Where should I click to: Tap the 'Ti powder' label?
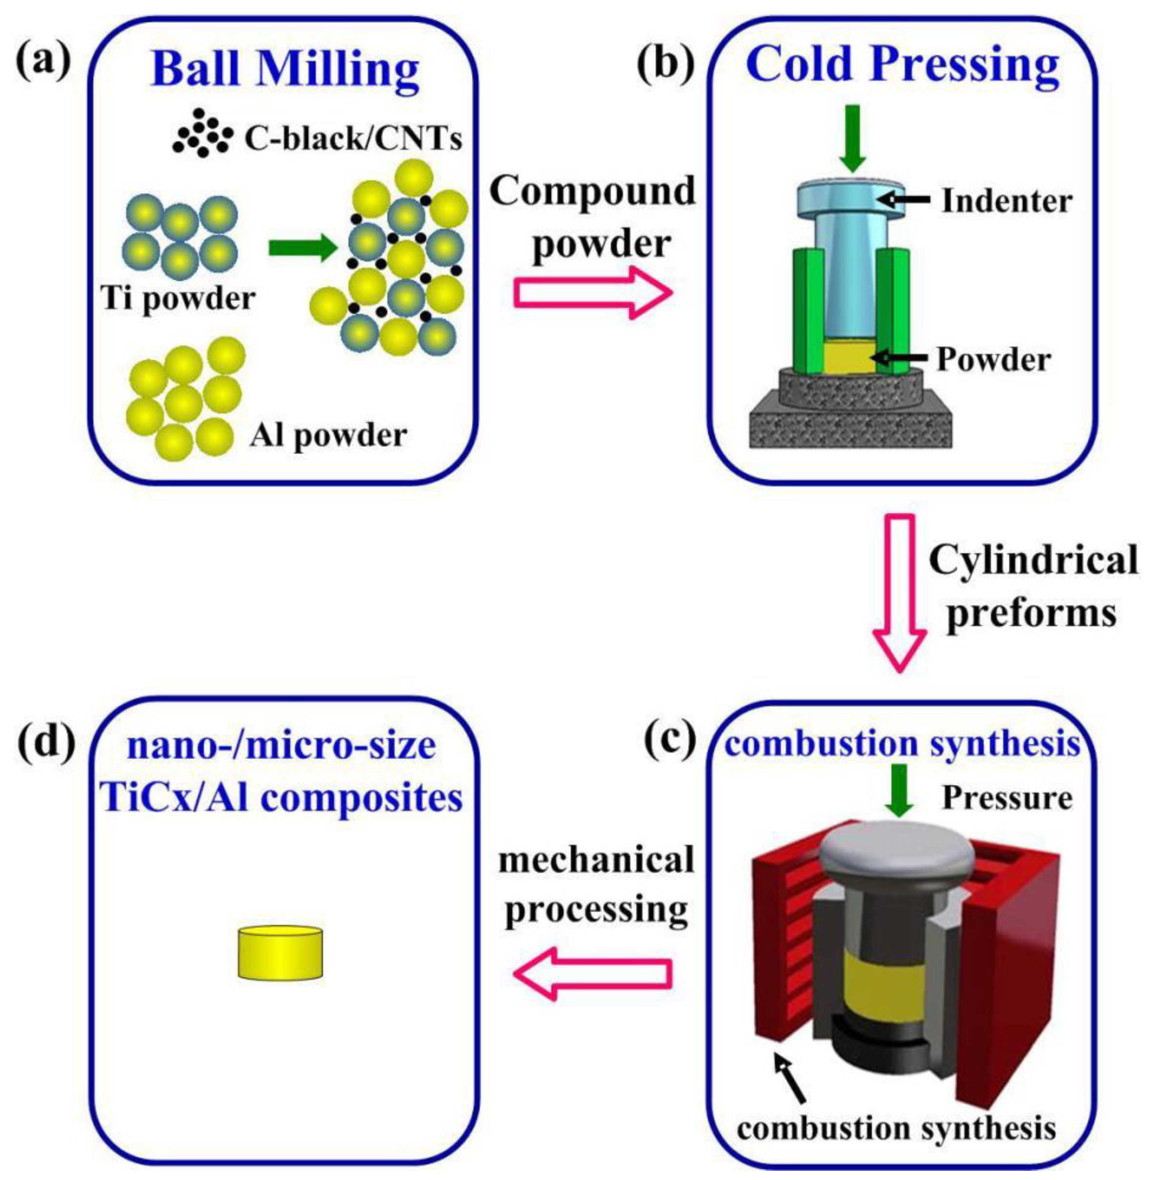[178, 297]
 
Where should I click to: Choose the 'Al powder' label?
[328, 434]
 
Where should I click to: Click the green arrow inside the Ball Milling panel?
[302, 248]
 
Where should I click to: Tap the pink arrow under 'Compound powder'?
[592, 293]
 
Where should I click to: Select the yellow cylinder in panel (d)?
[280, 952]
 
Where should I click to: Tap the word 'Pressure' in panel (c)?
[1007, 799]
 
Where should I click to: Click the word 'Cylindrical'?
[1033, 561]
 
